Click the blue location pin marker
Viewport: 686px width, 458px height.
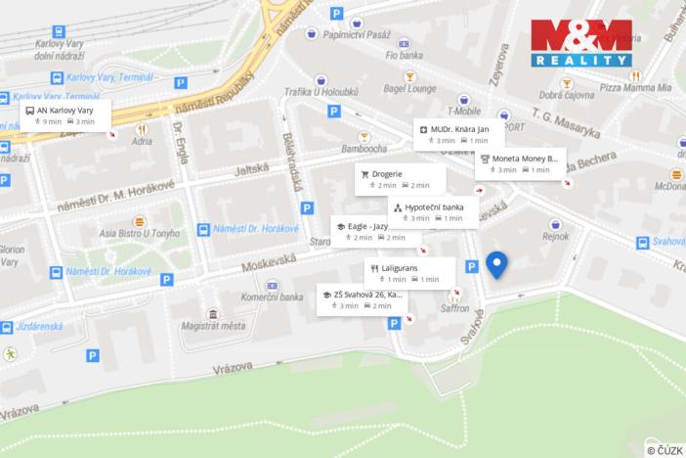[x=496, y=264]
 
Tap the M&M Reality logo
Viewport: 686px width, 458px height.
[x=581, y=42]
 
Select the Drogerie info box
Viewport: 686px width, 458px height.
[x=401, y=179]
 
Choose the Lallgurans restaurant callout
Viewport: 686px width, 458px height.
[x=410, y=272]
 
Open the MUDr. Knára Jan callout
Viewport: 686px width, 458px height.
[x=458, y=134]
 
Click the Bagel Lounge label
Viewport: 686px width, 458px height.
[x=410, y=88]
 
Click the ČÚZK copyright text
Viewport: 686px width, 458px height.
[x=665, y=450]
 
